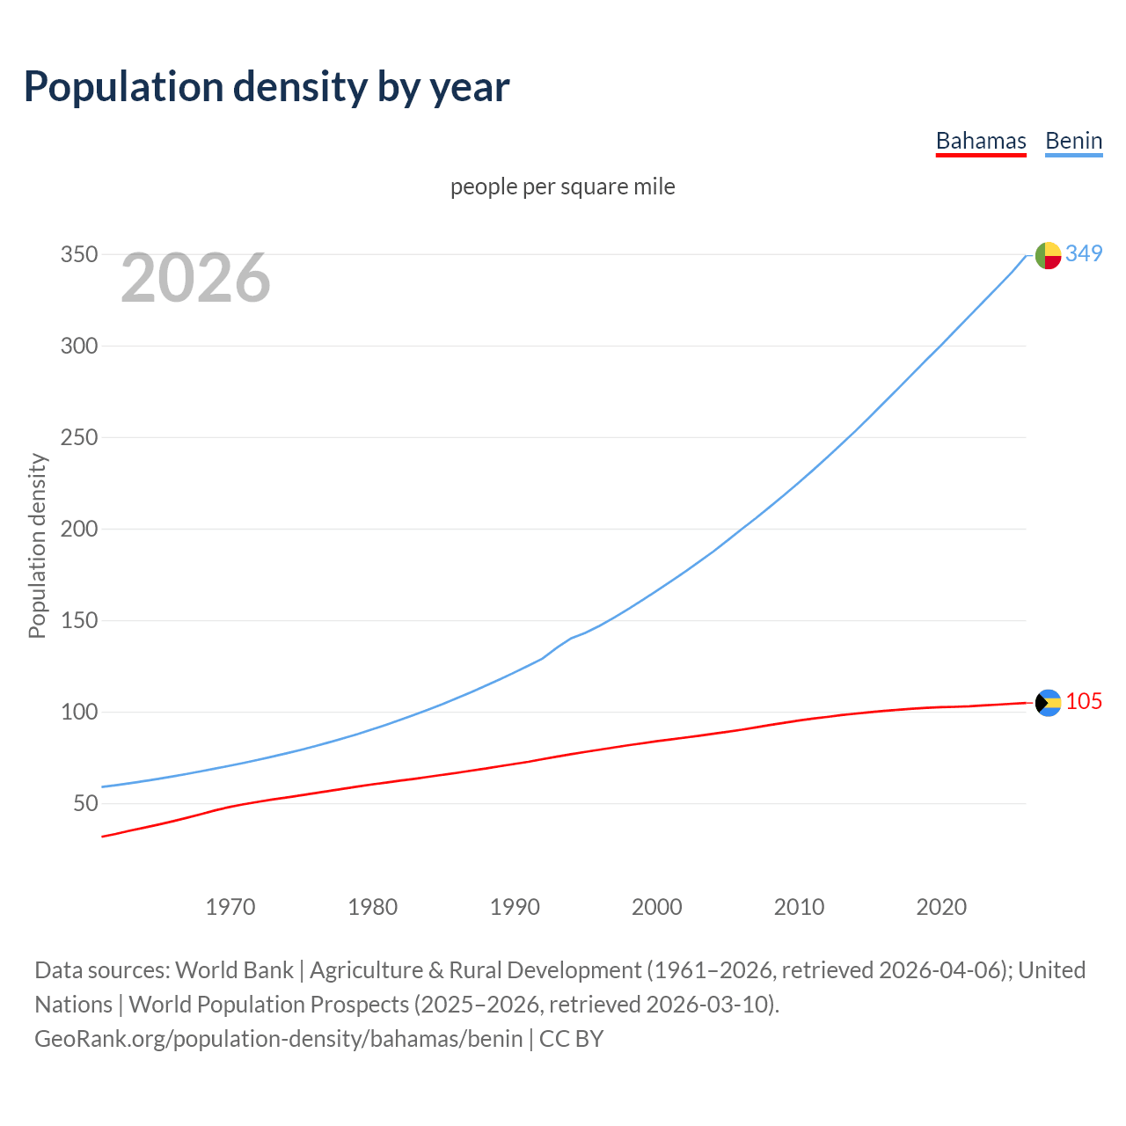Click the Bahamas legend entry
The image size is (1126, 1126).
pyautogui.click(x=981, y=142)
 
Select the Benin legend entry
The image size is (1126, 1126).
pyautogui.click(x=1073, y=142)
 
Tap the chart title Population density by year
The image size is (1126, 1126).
pyautogui.click(x=267, y=87)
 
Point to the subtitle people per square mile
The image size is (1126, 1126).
pyautogui.click(x=563, y=186)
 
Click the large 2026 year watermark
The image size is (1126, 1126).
pyautogui.click(x=195, y=278)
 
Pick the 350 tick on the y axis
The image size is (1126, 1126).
pyautogui.click(x=78, y=255)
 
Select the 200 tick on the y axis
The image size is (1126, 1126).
pyautogui.click(x=78, y=530)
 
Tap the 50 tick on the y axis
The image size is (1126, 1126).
pyautogui.click(x=85, y=804)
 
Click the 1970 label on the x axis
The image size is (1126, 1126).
pyautogui.click(x=230, y=907)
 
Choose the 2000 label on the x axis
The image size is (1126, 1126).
pyautogui.click(x=657, y=907)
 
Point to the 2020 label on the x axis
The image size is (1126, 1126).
pyautogui.click(x=941, y=907)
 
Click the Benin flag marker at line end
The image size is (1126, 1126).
pyautogui.click(x=1048, y=255)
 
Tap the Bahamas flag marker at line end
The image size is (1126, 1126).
pyautogui.click(x=1048, y=703)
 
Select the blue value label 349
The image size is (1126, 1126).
pyautogui.click(x=1084, y=253)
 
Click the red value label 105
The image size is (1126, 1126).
pyautogui.click(x=1084, y=701)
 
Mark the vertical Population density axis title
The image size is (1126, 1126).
pyautogui.click(x=37, y=545)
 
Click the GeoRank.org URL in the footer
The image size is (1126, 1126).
pyautogui.click(x=279, y=1039)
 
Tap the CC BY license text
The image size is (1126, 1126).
pyautogui.click(x=572, y=1039)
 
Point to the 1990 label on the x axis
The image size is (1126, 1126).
pyautogui.click(x=515, y=907)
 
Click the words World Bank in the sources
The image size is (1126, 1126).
pyautogui.click(x=234, y=970)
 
